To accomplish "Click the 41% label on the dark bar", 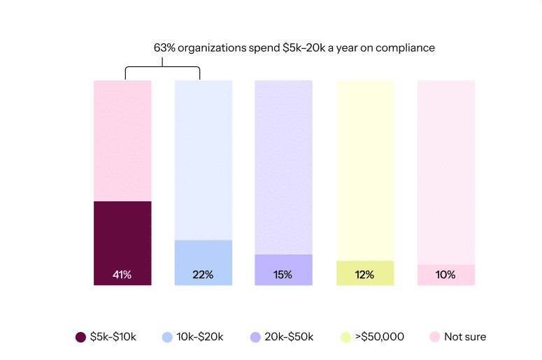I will click(122, 275).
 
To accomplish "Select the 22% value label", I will click(203, 275).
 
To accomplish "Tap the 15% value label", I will click(283, 275).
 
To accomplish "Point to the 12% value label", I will click(364, 275).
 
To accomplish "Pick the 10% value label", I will click(445, 275).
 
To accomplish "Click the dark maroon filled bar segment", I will click(122, 238).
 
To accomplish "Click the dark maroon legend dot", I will click(80, 337).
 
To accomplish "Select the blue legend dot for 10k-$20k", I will click(167, 337).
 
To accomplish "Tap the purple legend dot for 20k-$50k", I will click(255, 337).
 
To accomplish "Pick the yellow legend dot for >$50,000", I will click(345, 337).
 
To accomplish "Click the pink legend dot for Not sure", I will click(434, 337).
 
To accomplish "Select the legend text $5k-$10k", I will click(113, 337).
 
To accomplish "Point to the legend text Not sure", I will click(465, 337).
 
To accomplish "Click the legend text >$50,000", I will click(380, 337).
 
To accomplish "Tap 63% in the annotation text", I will click(164, 48).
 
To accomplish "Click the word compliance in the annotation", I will click(405, 48).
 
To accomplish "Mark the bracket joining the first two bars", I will click(162, 68).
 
